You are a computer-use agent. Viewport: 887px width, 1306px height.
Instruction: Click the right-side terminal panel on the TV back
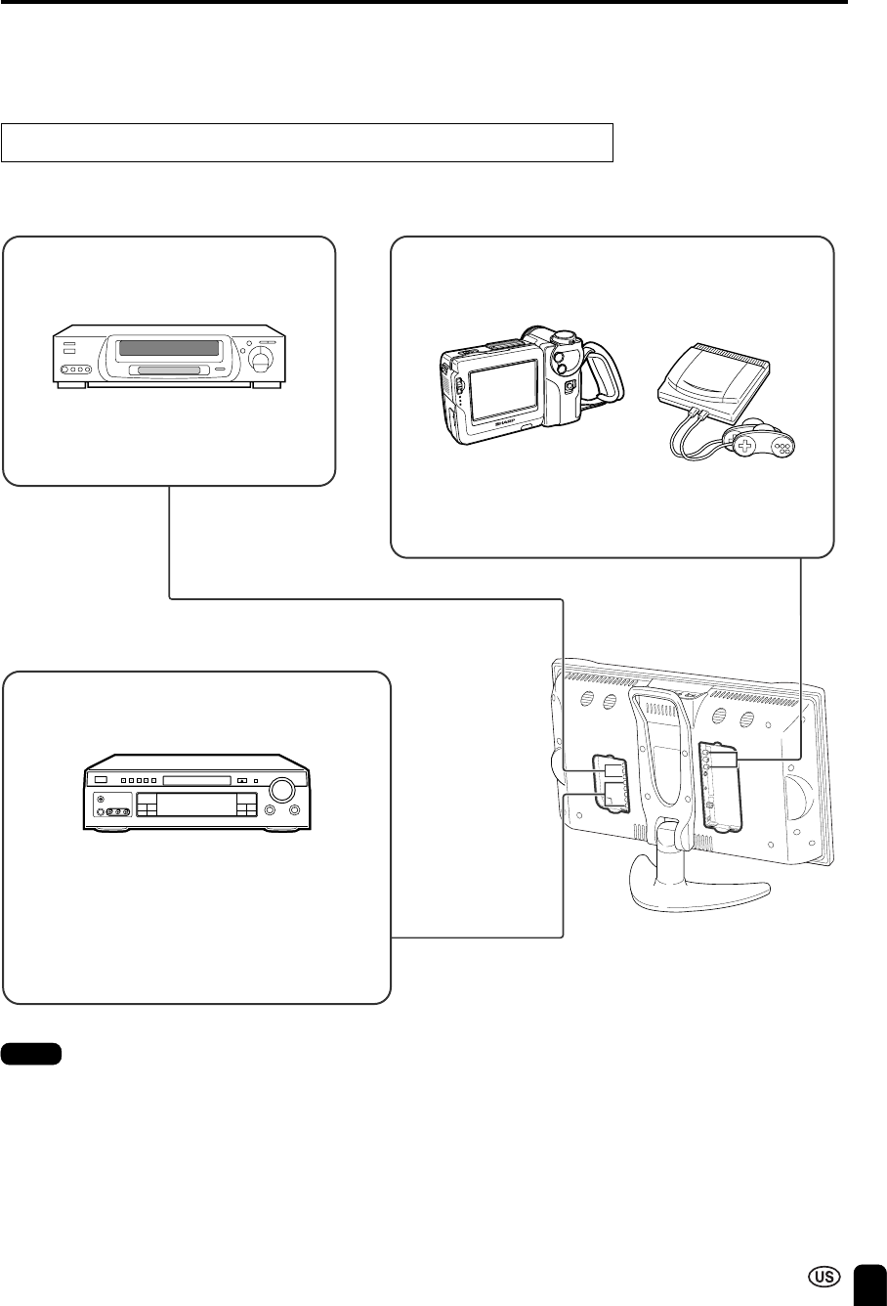(x=718, y=786)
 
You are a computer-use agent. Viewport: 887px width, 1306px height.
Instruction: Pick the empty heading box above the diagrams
(x=308, y=143)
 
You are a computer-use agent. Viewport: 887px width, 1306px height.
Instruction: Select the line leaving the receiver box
(x=479, y=938)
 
